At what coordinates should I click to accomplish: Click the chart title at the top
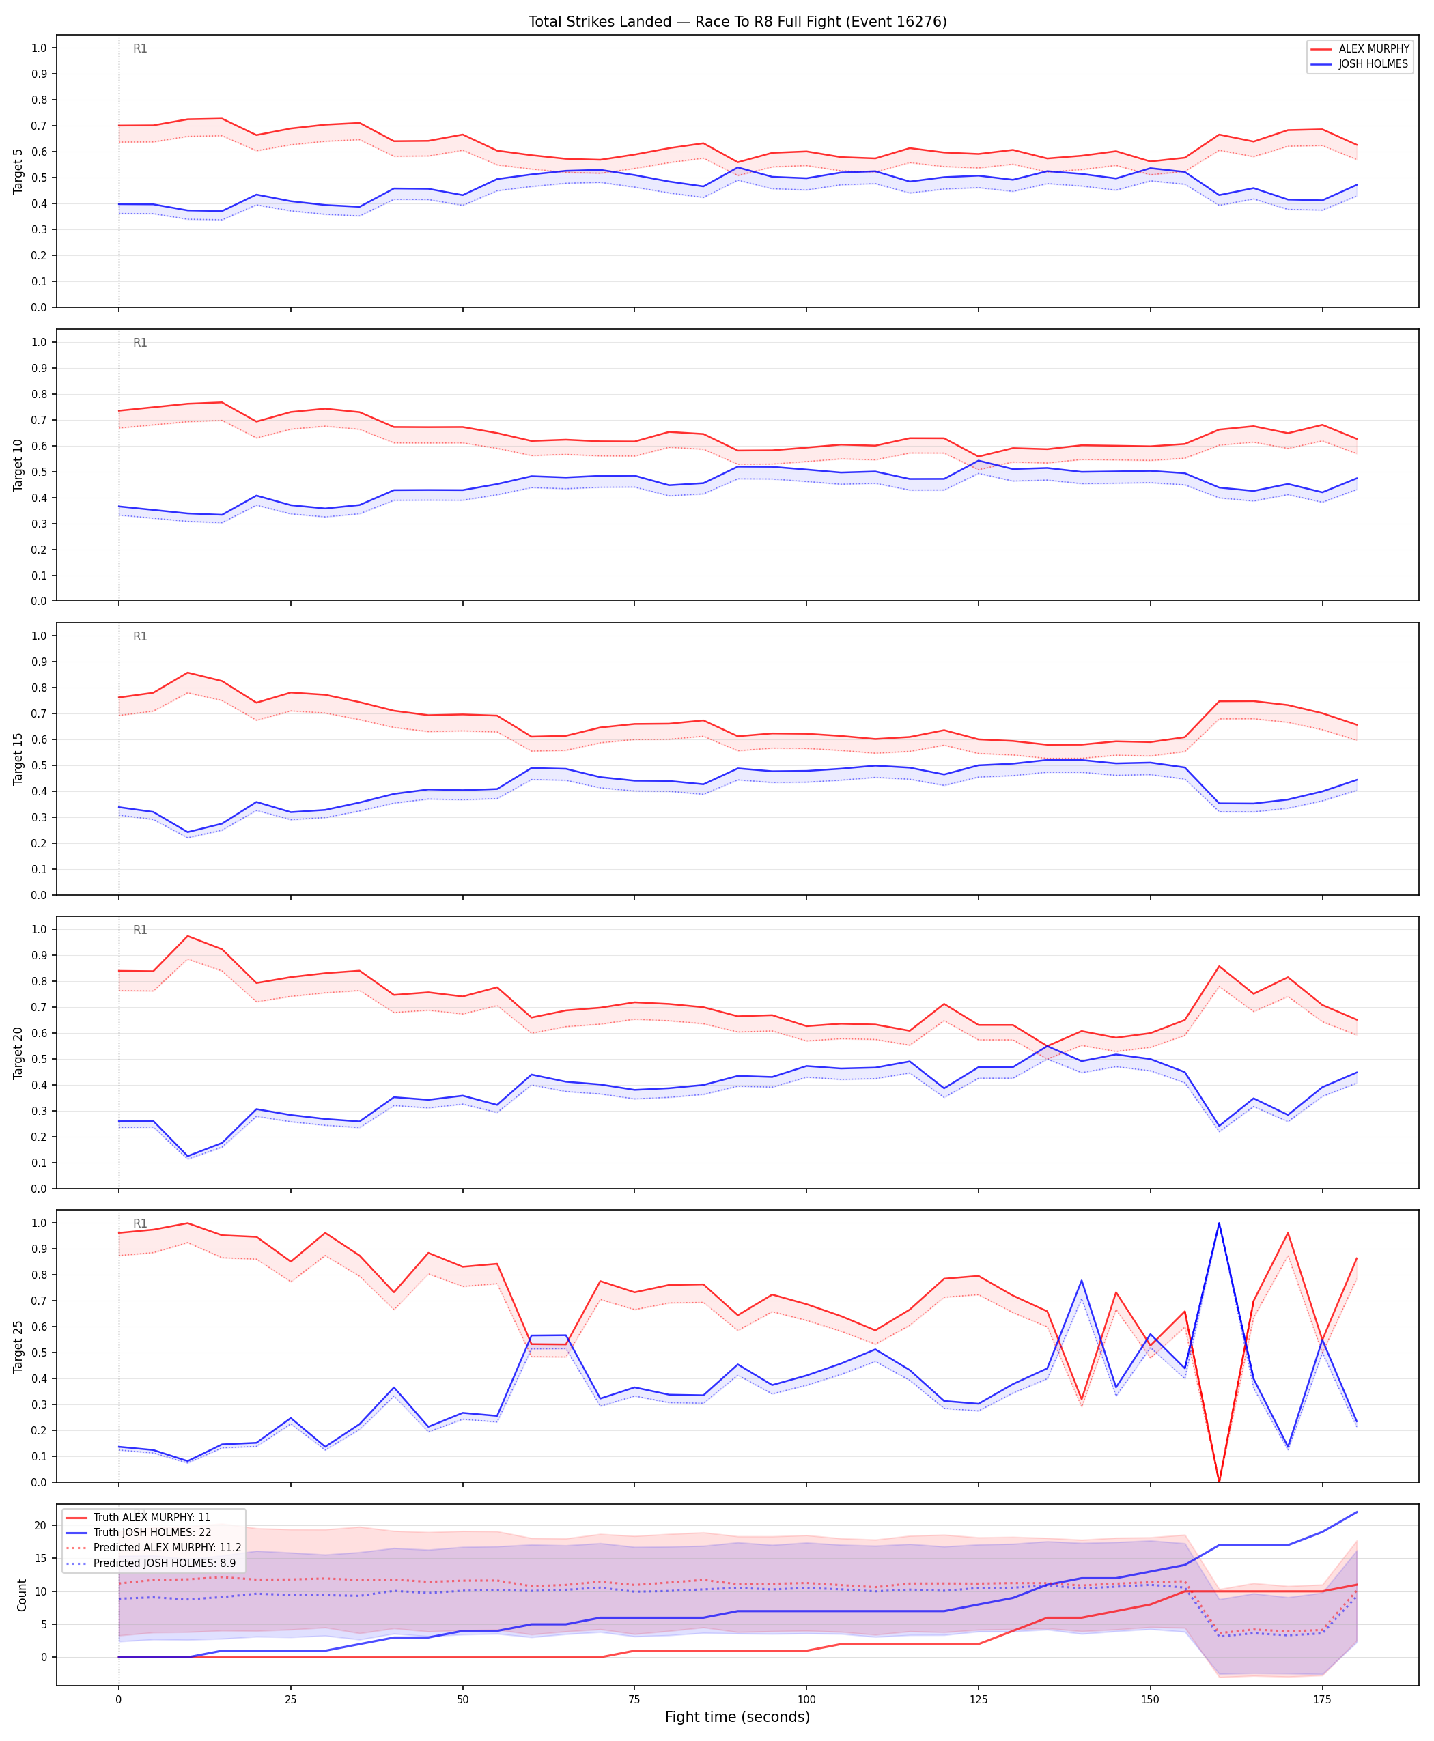click(737, 21)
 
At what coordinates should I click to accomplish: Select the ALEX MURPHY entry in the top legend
click(1362, 48)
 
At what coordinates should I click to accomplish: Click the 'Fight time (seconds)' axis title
click(737, 1716)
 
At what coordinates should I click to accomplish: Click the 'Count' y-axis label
click(21, 1595)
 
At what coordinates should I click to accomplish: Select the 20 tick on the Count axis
click(40, 1525)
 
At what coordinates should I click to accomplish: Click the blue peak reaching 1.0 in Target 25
click(1219, 1223)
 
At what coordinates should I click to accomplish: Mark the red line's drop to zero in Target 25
click(1219, 1481)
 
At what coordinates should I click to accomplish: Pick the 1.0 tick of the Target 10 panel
click(39, 342)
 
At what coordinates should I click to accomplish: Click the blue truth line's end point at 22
click(1356, 1512)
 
